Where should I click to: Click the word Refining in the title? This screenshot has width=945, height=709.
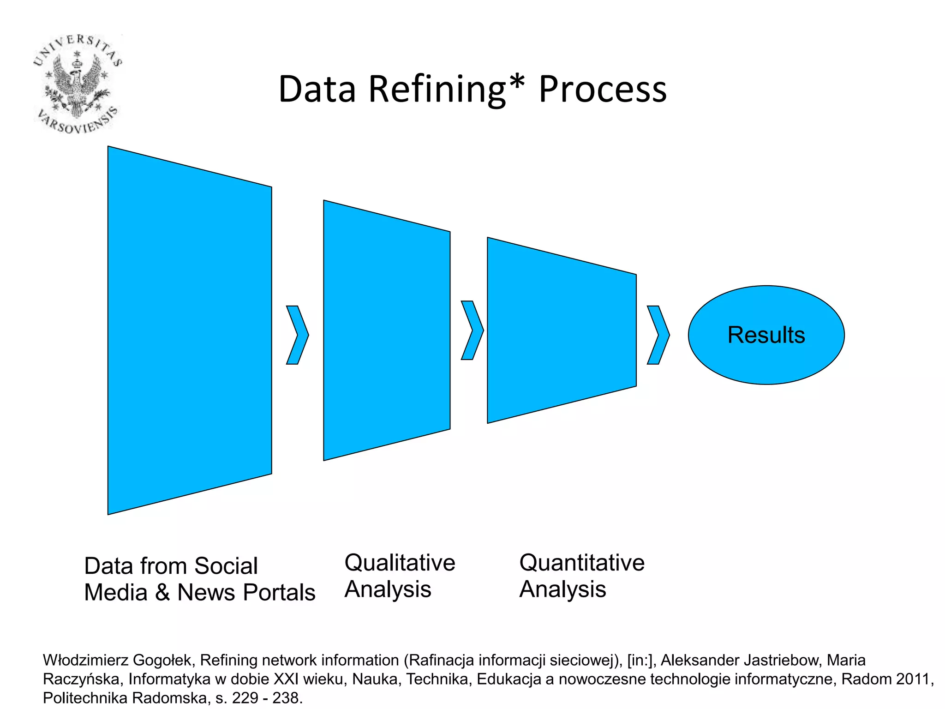pos(437,90)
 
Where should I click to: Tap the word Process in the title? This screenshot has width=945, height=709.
pos(602,90)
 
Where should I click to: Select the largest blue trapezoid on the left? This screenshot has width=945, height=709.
pos(189,330)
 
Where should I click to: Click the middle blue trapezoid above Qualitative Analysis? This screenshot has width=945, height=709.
pos(387,330)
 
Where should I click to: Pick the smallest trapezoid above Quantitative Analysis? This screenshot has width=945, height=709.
pos(562,330)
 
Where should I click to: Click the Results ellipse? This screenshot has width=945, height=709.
pos(766,335)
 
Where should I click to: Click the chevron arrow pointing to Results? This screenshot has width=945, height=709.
pos(658,335)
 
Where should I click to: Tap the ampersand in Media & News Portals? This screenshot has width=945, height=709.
pos(162,593)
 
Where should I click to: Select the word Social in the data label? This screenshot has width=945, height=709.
pos(226,566)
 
